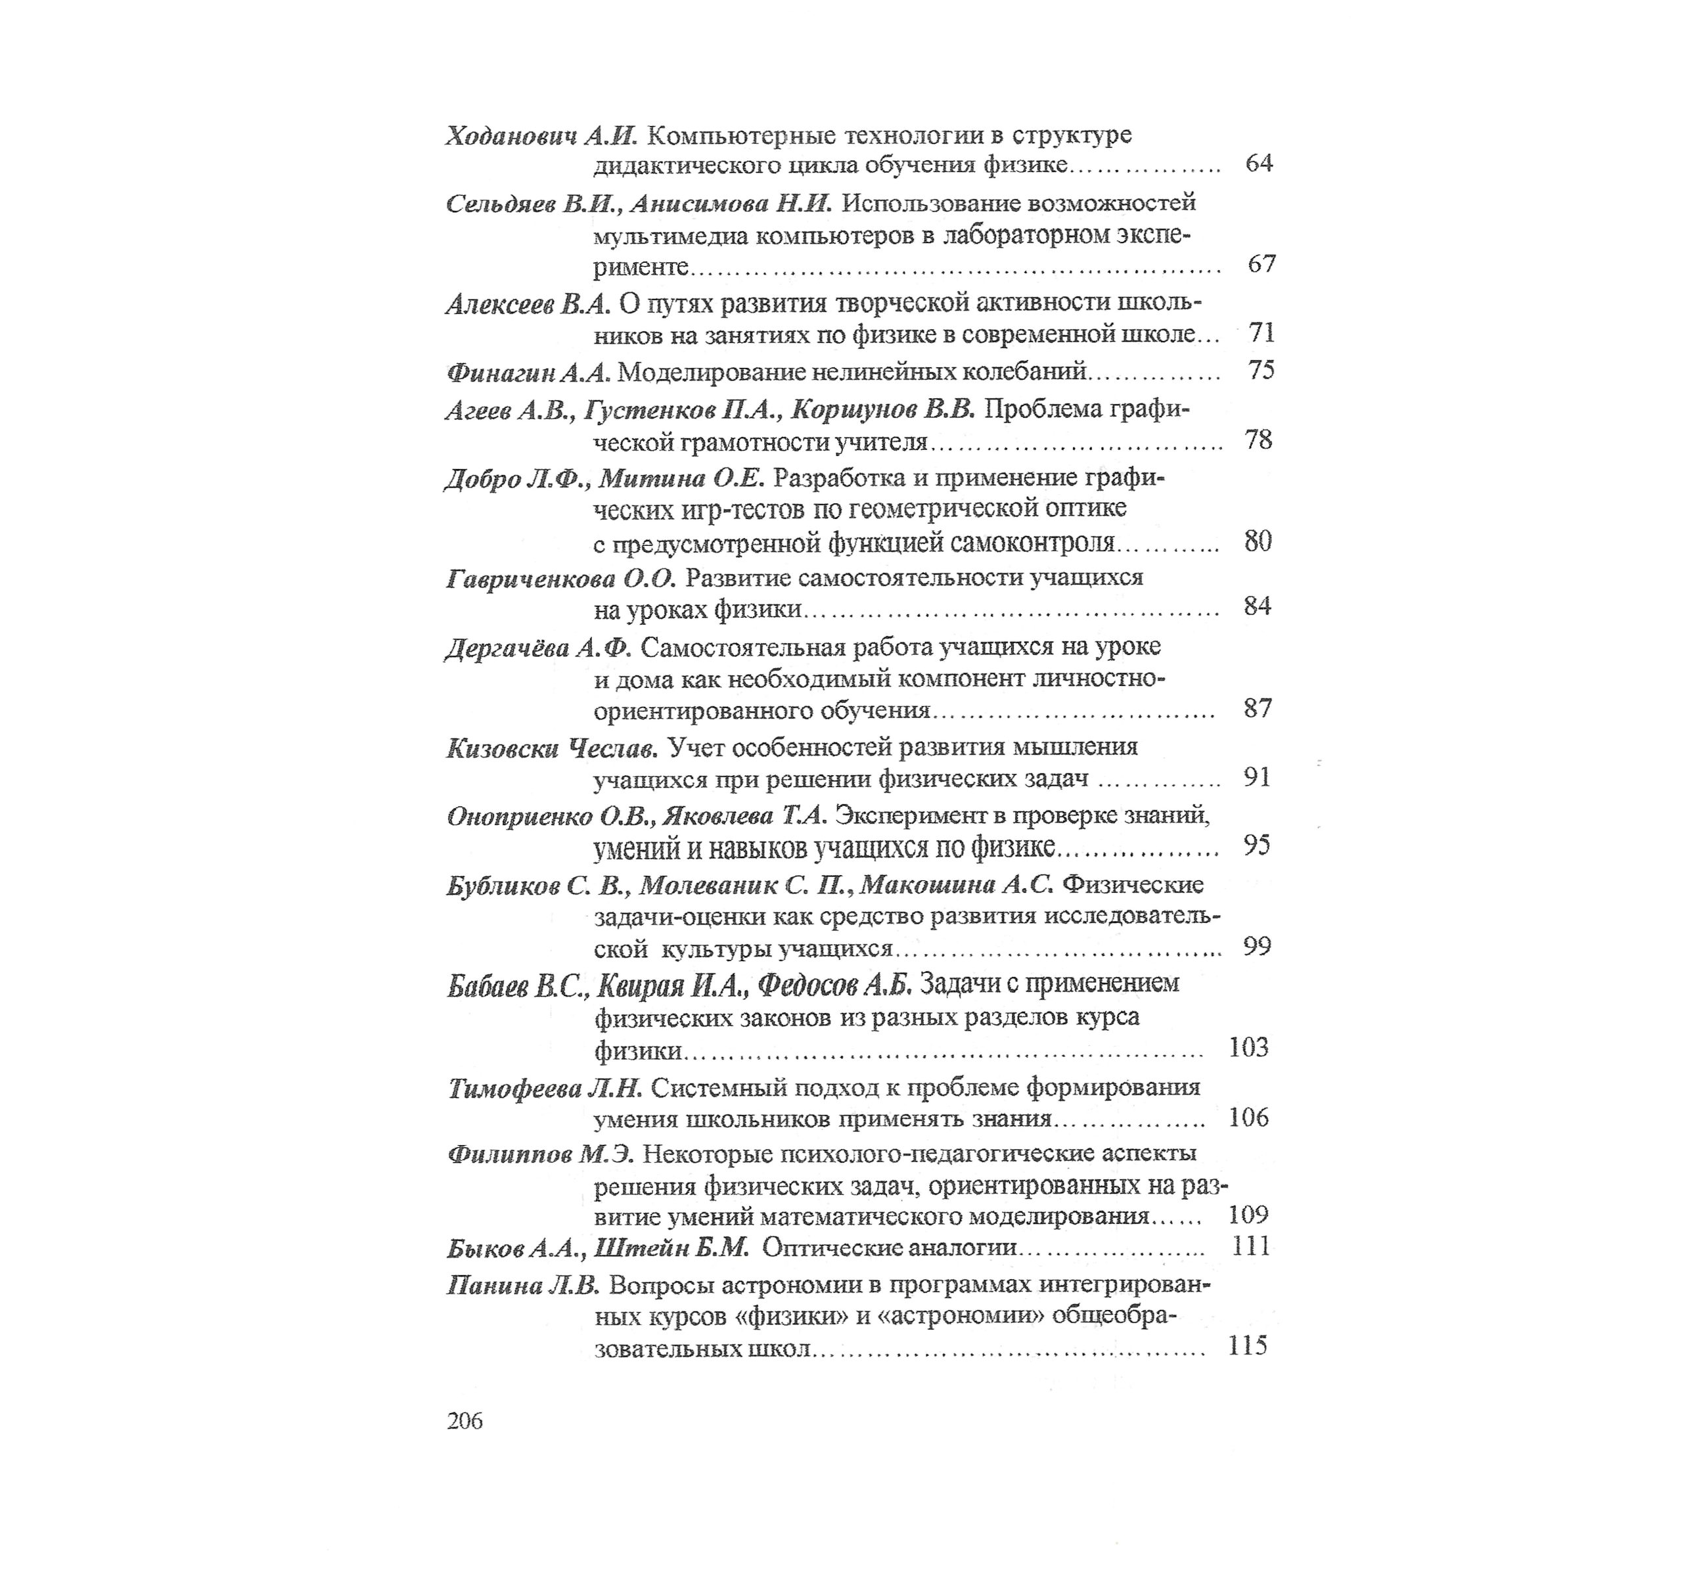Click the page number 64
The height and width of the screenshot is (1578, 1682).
coord(1259,162)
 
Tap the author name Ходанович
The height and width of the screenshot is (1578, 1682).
coord(511,136)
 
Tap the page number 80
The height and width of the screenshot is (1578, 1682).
coord(1258,541)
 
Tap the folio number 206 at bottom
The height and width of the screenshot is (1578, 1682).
coord(465,1420)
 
